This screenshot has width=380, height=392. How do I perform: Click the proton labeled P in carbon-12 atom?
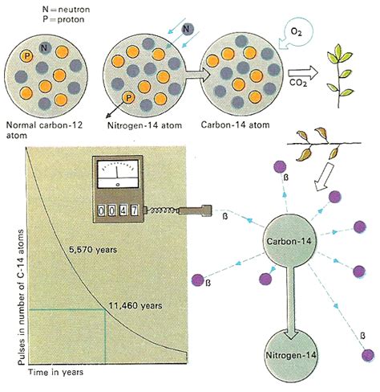point(26,56)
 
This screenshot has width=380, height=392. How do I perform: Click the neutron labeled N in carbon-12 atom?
point(44,48)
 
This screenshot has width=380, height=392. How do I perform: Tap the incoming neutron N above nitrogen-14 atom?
point(187,29)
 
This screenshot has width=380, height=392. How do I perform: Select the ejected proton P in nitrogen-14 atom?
point(128,98)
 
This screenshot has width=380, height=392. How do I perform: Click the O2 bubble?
point(296,34)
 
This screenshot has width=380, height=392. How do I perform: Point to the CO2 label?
point(298,83)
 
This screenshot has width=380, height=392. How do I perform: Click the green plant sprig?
point(339,76)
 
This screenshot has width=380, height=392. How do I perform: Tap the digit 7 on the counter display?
point(134,210)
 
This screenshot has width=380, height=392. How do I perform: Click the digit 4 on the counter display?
point(123,210)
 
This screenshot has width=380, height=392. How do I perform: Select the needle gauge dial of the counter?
point(118,174)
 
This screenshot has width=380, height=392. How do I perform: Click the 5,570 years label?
point(93,250)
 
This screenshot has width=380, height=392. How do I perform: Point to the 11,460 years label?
point(135,306)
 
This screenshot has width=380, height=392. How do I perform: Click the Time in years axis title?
point(56,373)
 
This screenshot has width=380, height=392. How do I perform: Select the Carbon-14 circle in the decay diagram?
point(289,241)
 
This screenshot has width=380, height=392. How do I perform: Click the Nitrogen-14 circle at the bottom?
point(291,355)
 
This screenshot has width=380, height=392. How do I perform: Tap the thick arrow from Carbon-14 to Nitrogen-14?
point(290,303)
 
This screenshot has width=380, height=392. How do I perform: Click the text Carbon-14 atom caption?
point(235,125)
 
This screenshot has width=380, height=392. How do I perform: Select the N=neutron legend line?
point(66,10)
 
